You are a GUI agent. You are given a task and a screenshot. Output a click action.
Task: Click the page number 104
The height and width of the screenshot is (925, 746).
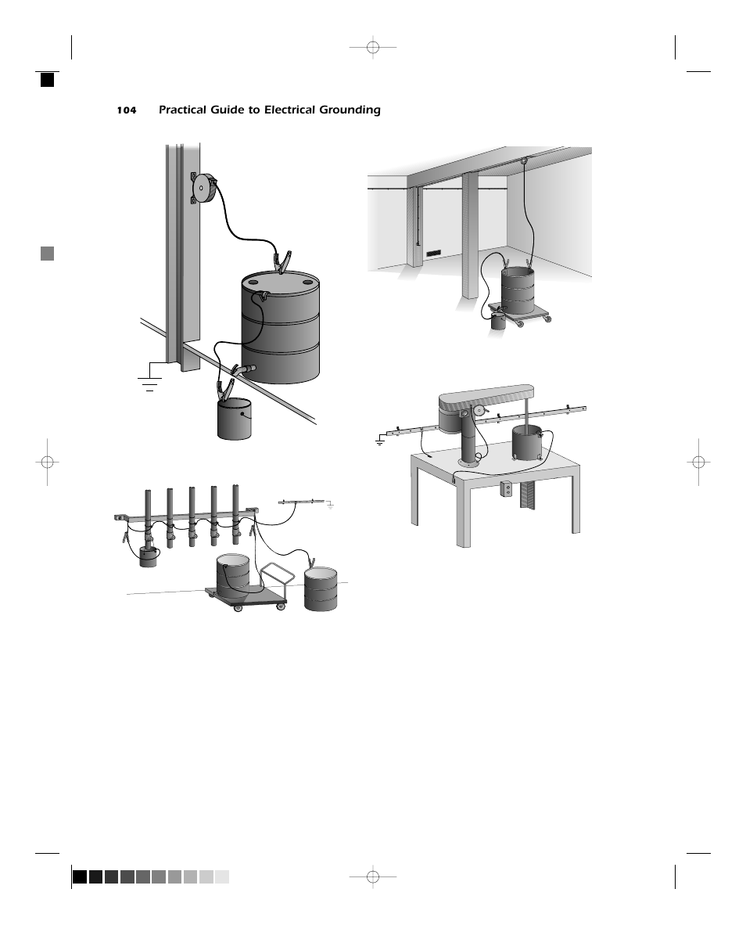(126, 110)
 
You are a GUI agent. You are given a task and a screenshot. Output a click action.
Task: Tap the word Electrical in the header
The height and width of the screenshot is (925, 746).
(287, 110)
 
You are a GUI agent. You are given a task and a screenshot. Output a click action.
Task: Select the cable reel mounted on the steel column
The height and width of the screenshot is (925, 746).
(204, 188)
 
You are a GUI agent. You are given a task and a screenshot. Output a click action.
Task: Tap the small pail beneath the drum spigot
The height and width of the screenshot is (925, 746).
(234, 419)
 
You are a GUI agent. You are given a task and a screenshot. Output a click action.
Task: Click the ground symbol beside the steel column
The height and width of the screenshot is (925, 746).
(149, 382)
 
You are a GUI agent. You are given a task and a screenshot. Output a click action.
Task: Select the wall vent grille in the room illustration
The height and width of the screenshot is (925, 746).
(434, 253)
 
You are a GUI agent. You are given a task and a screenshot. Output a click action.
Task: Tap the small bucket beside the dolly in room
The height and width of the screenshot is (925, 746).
(498, 322)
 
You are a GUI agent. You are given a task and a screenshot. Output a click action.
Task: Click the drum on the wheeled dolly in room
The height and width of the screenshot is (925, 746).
(517, 290)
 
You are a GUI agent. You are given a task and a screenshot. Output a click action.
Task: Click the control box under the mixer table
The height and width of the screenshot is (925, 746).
(506, 489)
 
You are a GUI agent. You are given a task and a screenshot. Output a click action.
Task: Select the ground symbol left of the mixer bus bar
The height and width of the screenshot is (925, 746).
(379, 441)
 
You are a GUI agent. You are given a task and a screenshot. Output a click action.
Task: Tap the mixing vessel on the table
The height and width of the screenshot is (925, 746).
(527, 444)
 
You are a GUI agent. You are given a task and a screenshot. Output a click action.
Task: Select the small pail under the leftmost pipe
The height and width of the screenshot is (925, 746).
(148, 557)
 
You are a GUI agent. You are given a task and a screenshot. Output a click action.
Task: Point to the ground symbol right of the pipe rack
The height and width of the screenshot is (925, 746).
(331, 506)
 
